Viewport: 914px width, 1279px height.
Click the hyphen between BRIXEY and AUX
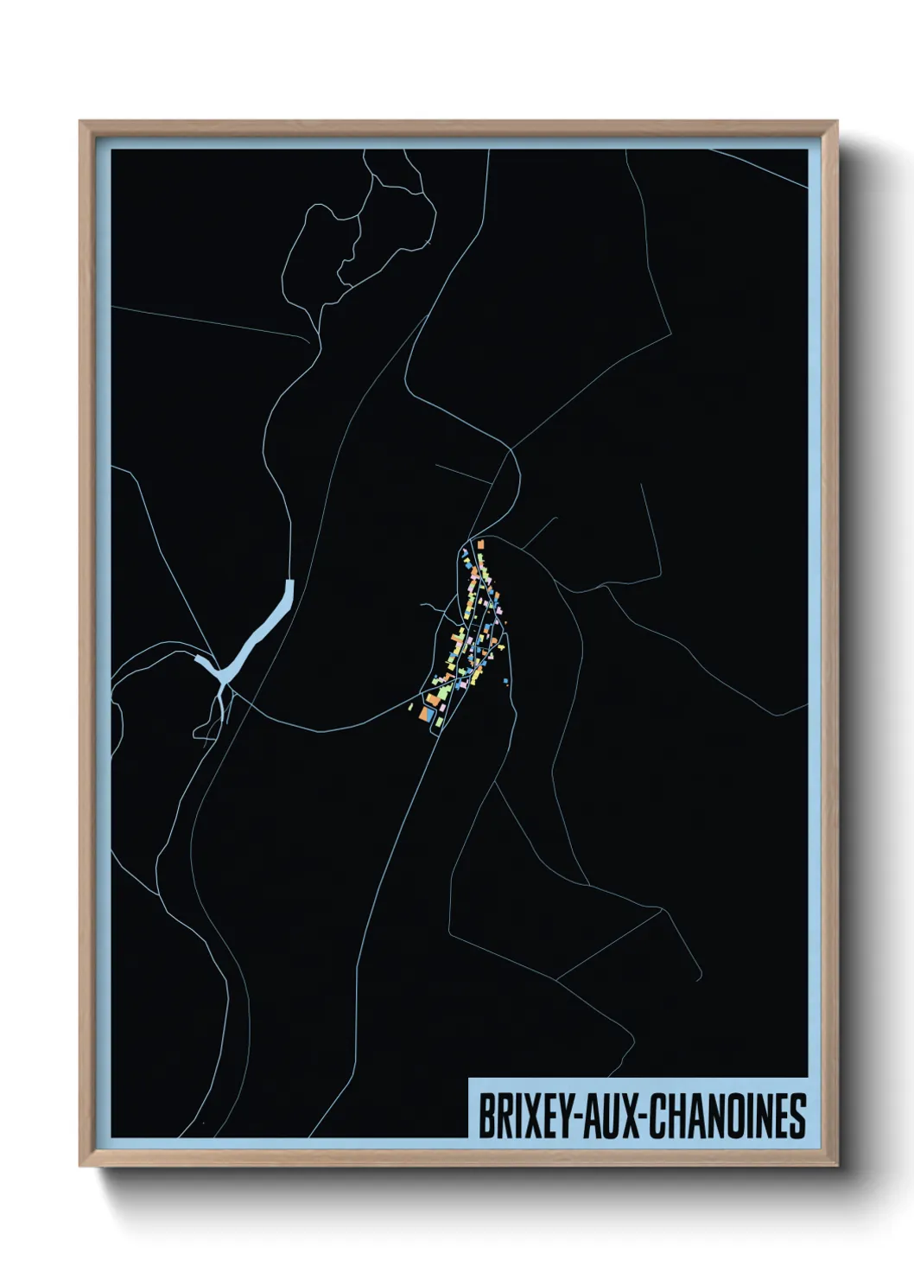(570, 1117)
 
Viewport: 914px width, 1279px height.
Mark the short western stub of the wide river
(205, 662)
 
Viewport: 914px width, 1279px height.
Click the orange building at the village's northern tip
(479, 545)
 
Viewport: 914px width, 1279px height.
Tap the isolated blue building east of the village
(505, 682)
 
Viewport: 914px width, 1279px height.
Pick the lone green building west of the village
(410, 707)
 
